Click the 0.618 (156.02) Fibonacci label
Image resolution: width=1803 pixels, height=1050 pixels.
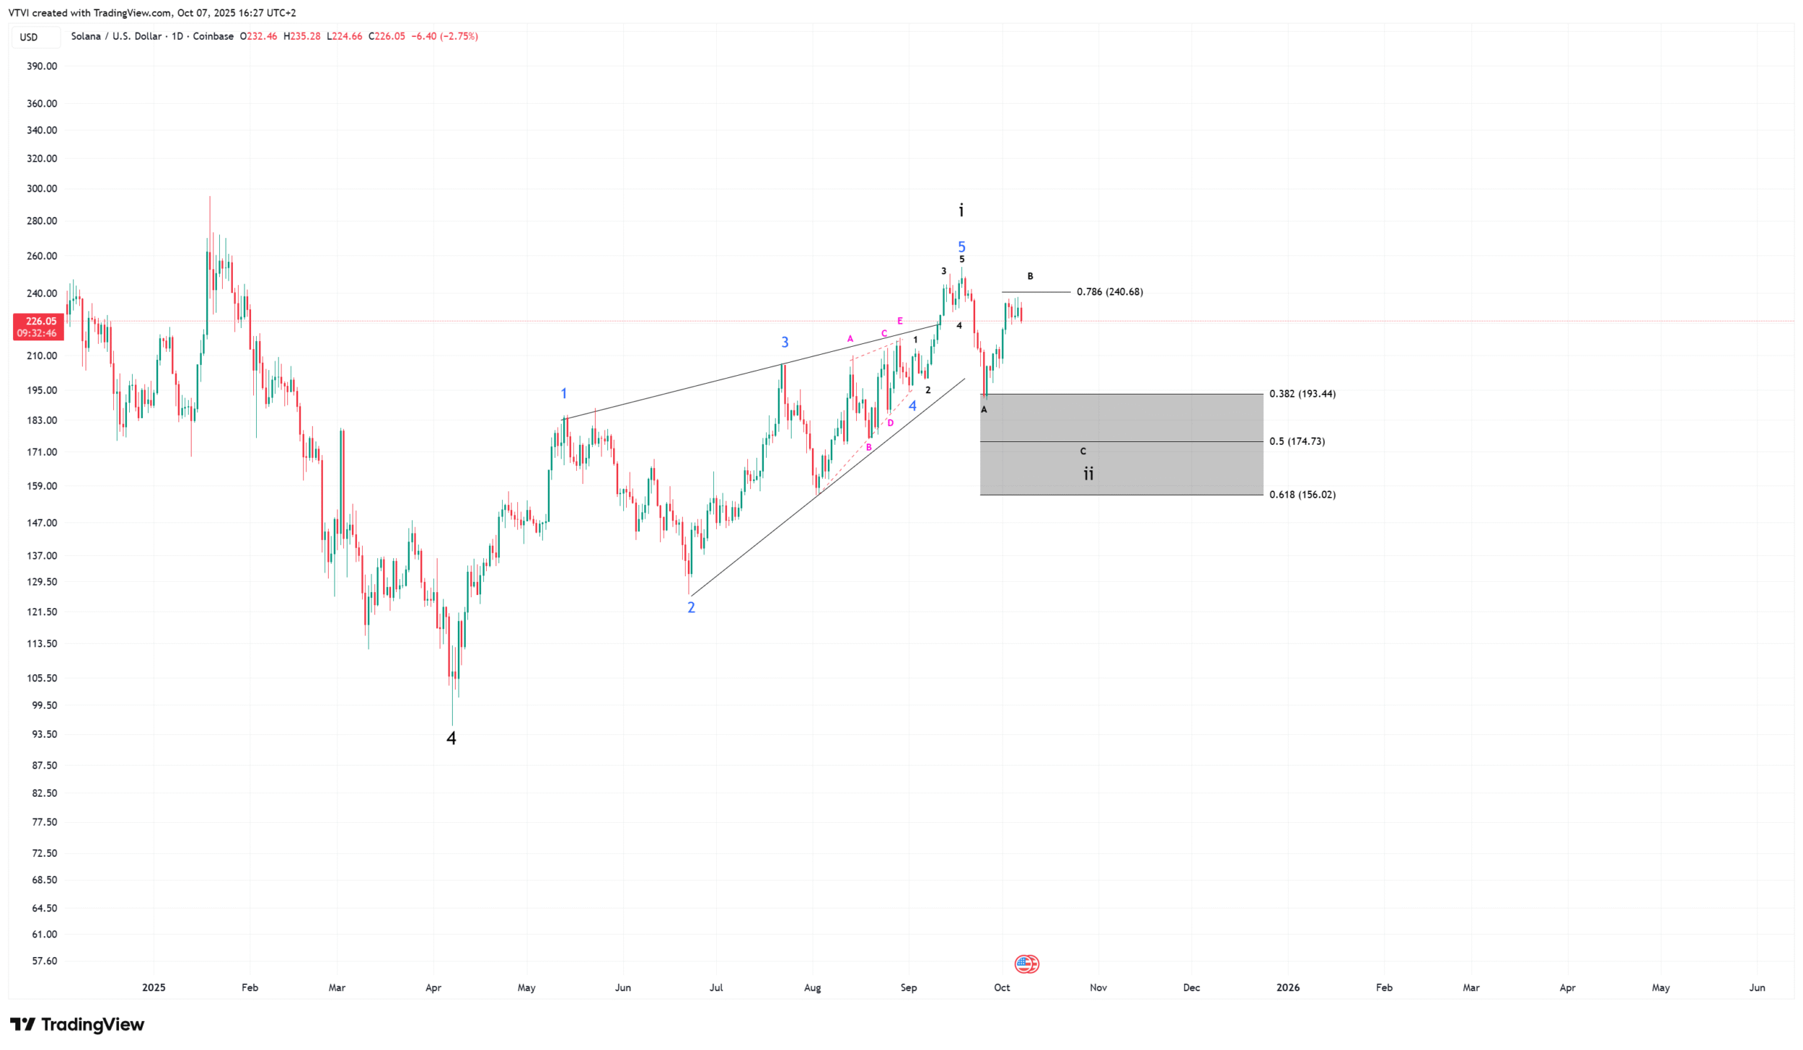[x=1302, y=495]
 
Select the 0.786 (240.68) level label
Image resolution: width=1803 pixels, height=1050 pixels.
[x=1109, y=292]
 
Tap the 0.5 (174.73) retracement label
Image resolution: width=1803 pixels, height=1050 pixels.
[x=1297, y=441]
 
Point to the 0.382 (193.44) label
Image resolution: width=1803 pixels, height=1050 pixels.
[x=1302, y=394]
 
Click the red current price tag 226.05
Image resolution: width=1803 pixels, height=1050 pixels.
[x=39, y=327]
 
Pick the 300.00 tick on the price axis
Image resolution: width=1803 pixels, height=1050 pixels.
[x=42, y=189]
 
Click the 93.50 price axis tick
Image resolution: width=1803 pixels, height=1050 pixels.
[x=42, y=734]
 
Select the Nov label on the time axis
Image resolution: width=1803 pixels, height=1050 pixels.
[x=1098, y=987]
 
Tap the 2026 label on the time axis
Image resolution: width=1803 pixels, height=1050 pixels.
[x=1287, y=987]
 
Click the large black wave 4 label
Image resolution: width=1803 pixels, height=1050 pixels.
[x=451, y=738]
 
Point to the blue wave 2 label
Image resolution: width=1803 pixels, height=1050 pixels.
[x=691, y=607]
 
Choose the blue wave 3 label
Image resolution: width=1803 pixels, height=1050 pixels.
[x=785, y=343]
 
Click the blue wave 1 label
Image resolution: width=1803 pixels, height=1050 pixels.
[x=564, y=394]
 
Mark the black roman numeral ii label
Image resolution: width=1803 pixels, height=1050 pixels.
[x=1088, y=474]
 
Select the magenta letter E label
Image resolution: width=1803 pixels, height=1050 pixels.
[x=900, y=321]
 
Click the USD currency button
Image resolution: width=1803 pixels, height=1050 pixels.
[x=29, y=37]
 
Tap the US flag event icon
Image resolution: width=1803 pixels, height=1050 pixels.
[x=1026, y=963]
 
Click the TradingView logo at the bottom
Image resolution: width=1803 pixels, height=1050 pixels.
[x=77, y=1024]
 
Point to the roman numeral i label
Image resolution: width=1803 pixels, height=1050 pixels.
[x=961, y=211]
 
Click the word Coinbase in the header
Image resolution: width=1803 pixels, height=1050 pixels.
[x=213, y=37]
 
